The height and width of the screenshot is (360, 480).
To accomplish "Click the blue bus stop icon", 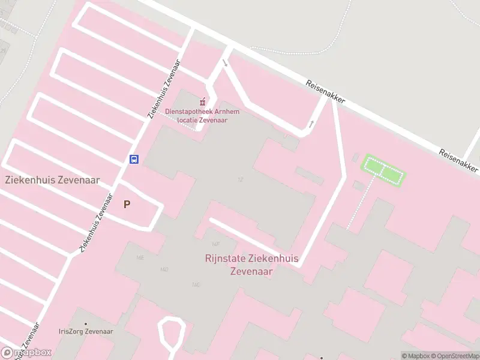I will pyautogui.click(x=134, y=159).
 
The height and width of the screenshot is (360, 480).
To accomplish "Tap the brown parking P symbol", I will pyautogui.click(x=127, y=204).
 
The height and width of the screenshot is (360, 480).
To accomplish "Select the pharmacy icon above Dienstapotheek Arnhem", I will pyautogui.click(x=203, y=102).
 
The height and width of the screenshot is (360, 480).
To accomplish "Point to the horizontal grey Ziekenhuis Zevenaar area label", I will pyautogui.click(x=52, y=179).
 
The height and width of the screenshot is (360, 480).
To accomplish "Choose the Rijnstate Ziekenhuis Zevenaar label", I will pyautogui.click(x=252, y=265).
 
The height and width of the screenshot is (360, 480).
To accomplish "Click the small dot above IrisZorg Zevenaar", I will pyautogui.click(x=86, y=323).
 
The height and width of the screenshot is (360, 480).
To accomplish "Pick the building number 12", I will pyautogui.click(x=241, y=179).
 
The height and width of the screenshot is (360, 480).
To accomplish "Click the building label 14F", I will pyautogui.click(x=216, y=245).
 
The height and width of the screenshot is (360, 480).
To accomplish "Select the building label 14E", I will pyautogui.click(x=140, y=257).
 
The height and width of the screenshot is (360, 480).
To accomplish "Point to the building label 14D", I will pyautogui.click(x=164, y=269).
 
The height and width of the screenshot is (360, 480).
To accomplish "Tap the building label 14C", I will pyautogui.click(x=196, y=284).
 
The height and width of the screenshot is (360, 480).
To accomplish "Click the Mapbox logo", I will pyautogui.click(x=26, y=352).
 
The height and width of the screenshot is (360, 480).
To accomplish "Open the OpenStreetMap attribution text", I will pyautogui.click(x=454, y=356).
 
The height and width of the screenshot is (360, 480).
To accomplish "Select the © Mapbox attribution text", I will pyautogui.click(x=416, y=356).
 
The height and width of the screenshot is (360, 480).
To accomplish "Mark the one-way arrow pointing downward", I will pyautogui.click(x=225, y=63).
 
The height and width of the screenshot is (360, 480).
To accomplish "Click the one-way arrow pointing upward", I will pyautogui.click(x=311, y=124).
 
